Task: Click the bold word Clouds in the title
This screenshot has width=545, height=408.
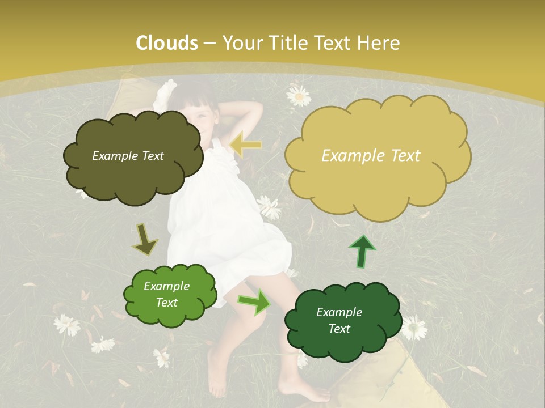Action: pos(167,43)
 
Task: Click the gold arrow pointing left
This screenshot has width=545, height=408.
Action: pos(246,144)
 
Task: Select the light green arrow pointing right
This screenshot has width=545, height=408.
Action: pos(254,302)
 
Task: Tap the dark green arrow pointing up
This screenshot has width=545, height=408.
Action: pos(362,250)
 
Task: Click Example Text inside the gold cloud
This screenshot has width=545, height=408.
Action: pos(371,156)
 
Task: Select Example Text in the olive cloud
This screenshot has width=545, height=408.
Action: pos(128,156)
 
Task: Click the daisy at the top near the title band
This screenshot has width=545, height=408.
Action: pos(299,96)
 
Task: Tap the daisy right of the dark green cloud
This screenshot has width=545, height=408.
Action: pos(414,328)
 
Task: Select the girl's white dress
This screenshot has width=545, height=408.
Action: pos(227,227)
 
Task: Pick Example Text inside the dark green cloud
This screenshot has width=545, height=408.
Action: pos(339,320)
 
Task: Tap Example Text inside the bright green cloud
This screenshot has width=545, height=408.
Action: pos(166,294)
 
